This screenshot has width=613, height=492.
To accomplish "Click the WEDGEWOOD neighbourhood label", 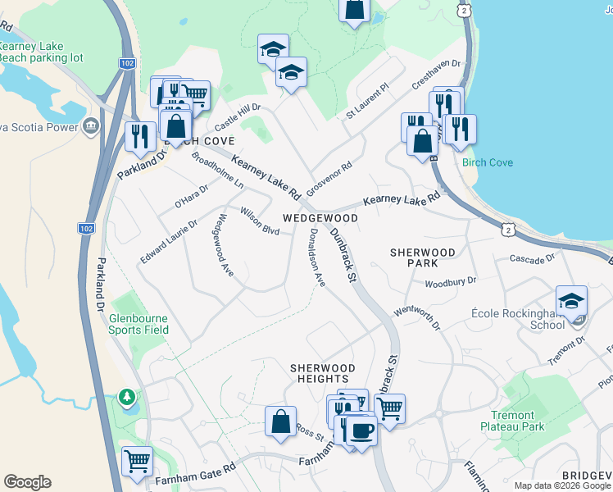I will tap(320, 218).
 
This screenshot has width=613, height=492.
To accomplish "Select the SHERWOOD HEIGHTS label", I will tap(323, 373).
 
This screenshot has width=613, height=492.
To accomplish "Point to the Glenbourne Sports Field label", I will tap(138, 323).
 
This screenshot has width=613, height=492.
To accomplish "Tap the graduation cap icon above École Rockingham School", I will tap(571, 300).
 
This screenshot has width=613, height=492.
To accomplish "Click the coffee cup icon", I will tap(361, 430).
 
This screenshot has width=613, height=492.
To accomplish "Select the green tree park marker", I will tap(125, 398).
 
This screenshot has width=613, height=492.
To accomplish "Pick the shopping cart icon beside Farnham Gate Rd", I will tap(137, 460).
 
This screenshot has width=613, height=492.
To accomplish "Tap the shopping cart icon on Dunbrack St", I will tap(390, 407).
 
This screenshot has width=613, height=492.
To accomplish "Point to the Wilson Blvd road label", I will tap(260, 221).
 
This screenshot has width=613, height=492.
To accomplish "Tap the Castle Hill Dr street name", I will tap(237, 118).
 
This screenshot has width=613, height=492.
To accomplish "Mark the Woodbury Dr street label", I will tap(450, 283).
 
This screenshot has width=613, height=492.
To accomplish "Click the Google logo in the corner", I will tap(27, 482).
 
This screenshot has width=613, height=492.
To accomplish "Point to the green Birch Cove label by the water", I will tap(488, 162).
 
